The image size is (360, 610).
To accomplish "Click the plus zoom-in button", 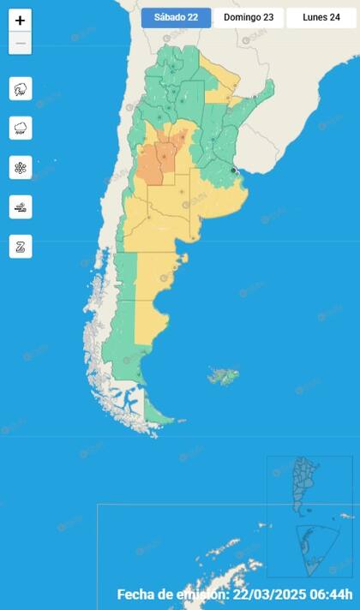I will click(21, 21).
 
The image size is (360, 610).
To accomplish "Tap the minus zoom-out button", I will click(21, 43).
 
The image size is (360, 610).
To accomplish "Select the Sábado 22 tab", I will click(176, 17).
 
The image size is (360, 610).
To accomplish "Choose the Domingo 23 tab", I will click(248, 17).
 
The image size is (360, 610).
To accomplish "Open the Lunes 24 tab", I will click(321, 17).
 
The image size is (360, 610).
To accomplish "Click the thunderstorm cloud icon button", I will click(21, 88).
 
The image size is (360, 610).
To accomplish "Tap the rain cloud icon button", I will click(21, 128).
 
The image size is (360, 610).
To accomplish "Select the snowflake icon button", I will click(21, 167).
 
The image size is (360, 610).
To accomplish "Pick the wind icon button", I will click(21, 206).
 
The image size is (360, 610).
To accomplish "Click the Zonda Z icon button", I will click(21, 246).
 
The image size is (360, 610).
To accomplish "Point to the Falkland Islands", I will click(225, 375).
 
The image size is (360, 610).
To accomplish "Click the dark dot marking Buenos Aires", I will click(233, 170).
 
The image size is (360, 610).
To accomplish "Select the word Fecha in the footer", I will click(137, 595).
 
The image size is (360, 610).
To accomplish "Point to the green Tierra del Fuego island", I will click(159, 416).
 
